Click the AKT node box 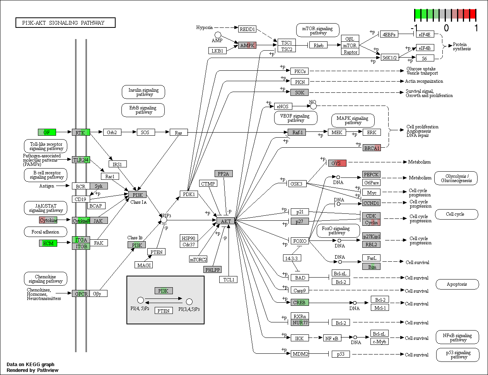(225, 221)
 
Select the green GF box (47, 132)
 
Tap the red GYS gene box (337, 163)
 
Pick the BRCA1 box (372, 148)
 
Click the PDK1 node (189, 194)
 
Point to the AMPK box (247, 45)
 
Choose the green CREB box (300, 302)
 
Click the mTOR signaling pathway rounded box (317, 30)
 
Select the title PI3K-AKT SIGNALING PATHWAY (65, 23)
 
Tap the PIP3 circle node (164, 220)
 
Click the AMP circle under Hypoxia (218, 35)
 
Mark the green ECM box (48, 243)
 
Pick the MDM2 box (300, 354)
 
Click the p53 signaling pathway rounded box (457, 355)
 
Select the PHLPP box (212, 269)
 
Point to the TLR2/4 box (81, 160)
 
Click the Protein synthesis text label (461, 46)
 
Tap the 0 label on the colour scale (446, 28)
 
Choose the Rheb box (318, 45)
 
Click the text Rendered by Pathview (32, 370)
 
